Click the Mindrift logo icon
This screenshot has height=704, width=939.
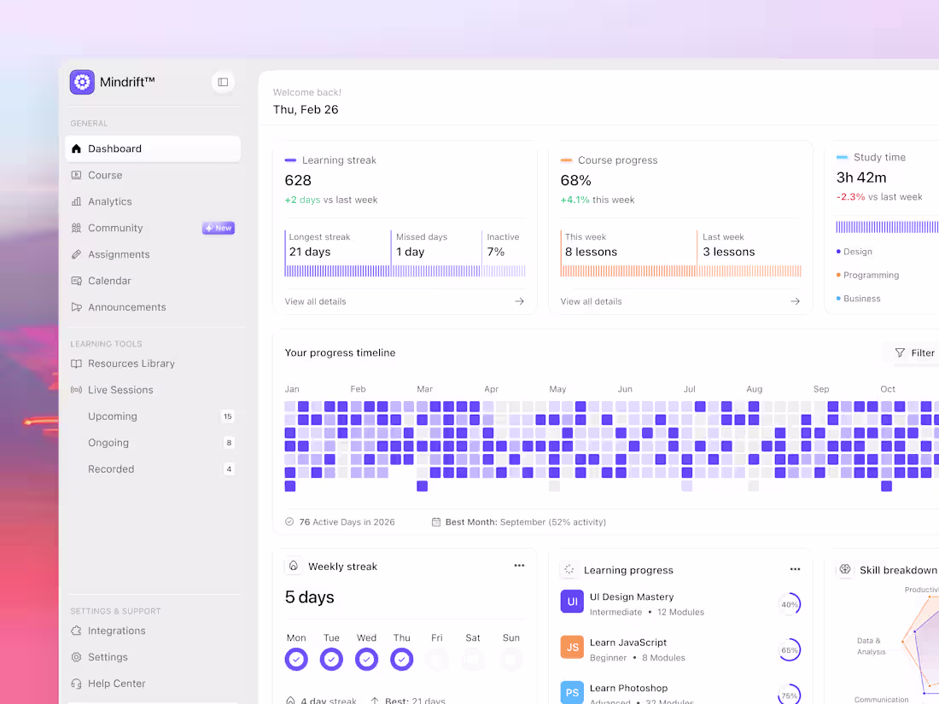pyautogui.click(x=83, y=82)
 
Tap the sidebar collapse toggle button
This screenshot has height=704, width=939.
pyautogui.click(x=223, y=82)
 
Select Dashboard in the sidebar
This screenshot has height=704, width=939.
pyautogui.click(x=114, y=148)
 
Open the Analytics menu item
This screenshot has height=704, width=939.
pyautogui.click(x=109, y=201)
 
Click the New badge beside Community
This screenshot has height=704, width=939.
pyautogui.click(x=219, y=228)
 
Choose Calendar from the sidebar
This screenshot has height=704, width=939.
pyautogui.click(x=109, y=281)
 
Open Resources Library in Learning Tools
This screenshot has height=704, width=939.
pyautogui.click(x=131, y=364)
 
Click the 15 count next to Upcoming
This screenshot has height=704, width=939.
pyautogui.click(x=228, y=416)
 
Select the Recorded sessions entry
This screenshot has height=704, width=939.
pyautogui.click(x=111, y=469)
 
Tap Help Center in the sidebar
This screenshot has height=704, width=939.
pyautogui.click(x=116, y=684)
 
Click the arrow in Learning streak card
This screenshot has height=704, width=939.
pyautogui.click(x=519, y=301)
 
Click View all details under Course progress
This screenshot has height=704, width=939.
pyautogui.click(x=591, y=301)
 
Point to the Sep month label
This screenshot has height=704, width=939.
pyautogui.click(x=821, y=389)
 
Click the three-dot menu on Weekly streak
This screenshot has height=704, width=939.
pyautogui.click(x=519, y=566)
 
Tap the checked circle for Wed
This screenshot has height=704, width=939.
pyautogui.click(x=367, y=660)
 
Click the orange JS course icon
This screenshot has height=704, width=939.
pyautogui.click(x=572, y=648)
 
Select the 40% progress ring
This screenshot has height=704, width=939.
pyautogui.click(x=790, y=604)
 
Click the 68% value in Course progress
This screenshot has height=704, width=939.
pyautogui.click(x=576, y=180)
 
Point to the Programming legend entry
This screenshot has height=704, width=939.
pyautogui.click(x=871, y=275)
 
